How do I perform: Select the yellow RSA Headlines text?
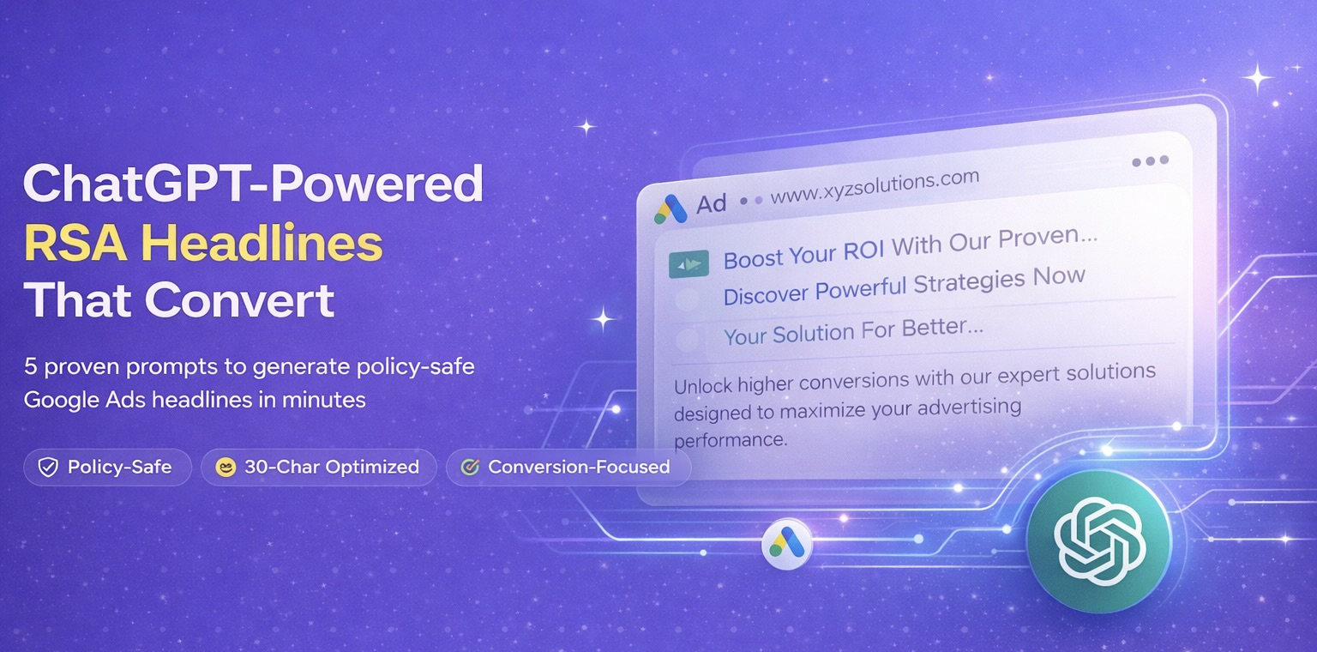[x=203, y=244]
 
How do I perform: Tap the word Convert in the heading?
[x=240, y=301]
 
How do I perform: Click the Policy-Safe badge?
[x=107, y=468]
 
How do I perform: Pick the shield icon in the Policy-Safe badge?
[x=49, y=468]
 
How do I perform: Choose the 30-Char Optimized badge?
[x=320, y=468]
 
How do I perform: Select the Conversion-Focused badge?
[x=568, y=468]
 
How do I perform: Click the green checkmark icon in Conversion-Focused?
[x=469, y=468]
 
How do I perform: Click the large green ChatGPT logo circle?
[x=1098, y=540]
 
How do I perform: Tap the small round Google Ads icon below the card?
[x=786, y=543]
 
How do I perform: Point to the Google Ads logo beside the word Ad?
[x=670, y=208]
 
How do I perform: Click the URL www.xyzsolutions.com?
[x=875, y=188]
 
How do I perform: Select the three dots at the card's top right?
[x=1150, y=161]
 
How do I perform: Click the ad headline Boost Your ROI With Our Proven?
[x=909, y=248]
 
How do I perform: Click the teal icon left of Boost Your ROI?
[x=689, y=264]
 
